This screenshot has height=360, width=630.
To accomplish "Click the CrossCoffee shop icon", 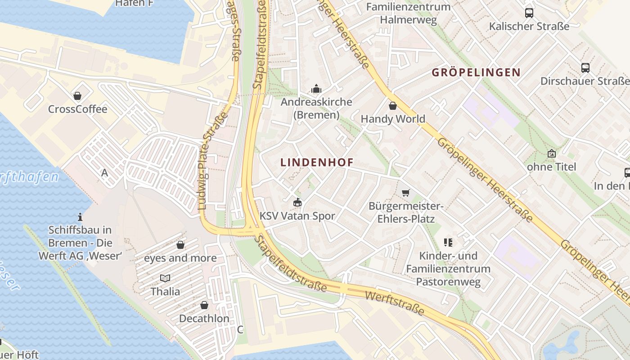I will [77, 95].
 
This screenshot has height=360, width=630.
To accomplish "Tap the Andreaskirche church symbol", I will [316, 88].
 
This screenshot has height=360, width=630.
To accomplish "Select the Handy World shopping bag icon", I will [393, 106].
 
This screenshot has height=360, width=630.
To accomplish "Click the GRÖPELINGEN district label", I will [476, 72].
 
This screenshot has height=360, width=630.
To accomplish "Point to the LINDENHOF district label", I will [317, 162].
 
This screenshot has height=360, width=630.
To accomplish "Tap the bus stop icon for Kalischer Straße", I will [529, 13].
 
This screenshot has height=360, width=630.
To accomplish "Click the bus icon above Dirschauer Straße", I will [585, 68].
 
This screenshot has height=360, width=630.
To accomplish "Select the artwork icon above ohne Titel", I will [551, 153].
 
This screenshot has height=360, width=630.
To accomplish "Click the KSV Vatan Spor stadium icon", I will [297, 202].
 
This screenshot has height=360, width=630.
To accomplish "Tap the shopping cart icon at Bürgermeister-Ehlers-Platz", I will [405, 193].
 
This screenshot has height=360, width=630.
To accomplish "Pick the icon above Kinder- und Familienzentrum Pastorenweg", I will [448, 243].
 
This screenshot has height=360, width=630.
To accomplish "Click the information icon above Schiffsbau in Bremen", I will [80, 217].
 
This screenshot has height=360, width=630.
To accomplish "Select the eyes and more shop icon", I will [180, 245].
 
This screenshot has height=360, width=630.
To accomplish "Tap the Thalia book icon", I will [165, 278].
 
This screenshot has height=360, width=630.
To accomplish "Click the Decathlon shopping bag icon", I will [204, 305].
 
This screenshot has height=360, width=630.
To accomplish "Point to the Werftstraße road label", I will [395, 303].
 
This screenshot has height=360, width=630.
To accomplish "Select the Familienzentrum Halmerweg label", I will [408, 13].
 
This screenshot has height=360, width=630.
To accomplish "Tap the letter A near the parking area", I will [105, 172].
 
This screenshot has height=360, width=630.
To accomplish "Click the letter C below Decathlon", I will [240, 329].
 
